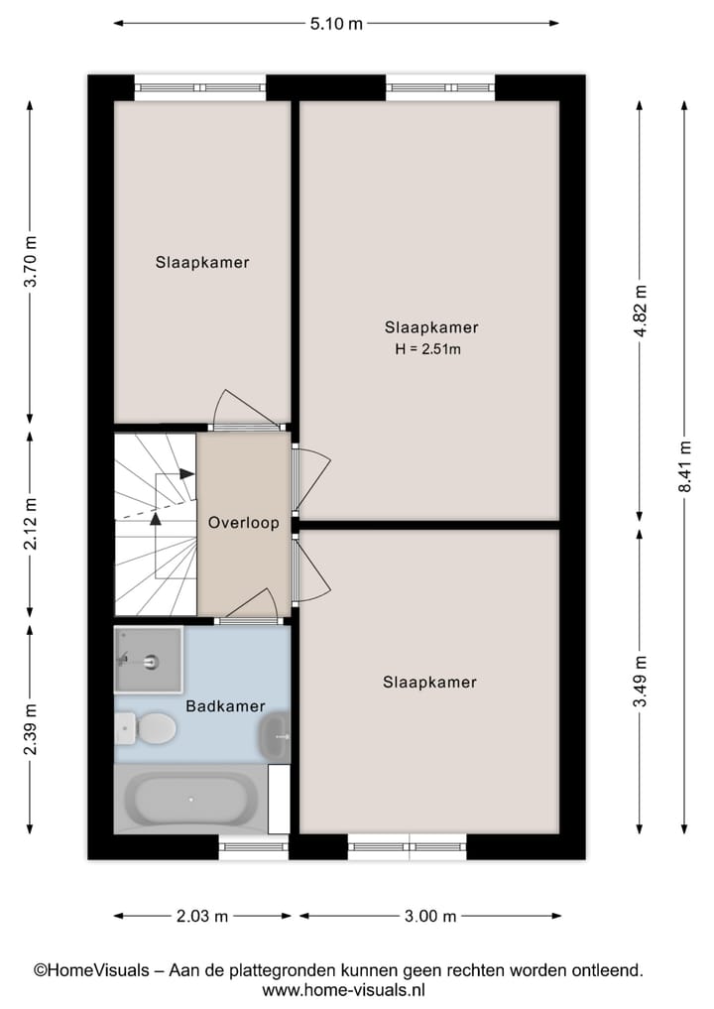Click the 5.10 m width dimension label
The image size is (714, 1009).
[x=336, y=24]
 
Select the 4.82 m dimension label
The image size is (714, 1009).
[x=640, y=312]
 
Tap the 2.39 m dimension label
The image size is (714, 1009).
[x=31, y=728]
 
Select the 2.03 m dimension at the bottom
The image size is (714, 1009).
[x=201, y=916]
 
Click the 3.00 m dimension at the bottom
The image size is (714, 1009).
[x=429, y=916]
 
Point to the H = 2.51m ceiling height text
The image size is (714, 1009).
[x=430, y=348]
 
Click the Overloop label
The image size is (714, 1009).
[x=243, y=523]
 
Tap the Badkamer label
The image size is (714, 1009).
[x=225, y=706]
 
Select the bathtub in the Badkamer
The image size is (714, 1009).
[x=190, y=800]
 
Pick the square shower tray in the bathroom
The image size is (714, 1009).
[x=149, y=659]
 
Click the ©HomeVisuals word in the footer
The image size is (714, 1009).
[x=90, y=970]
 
